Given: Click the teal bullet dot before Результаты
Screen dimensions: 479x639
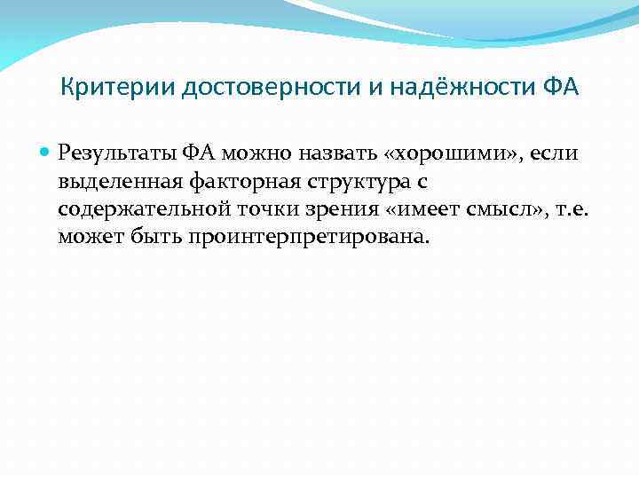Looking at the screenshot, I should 45,153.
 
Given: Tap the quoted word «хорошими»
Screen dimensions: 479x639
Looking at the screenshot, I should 427,153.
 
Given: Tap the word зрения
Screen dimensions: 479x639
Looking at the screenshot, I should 317,210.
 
